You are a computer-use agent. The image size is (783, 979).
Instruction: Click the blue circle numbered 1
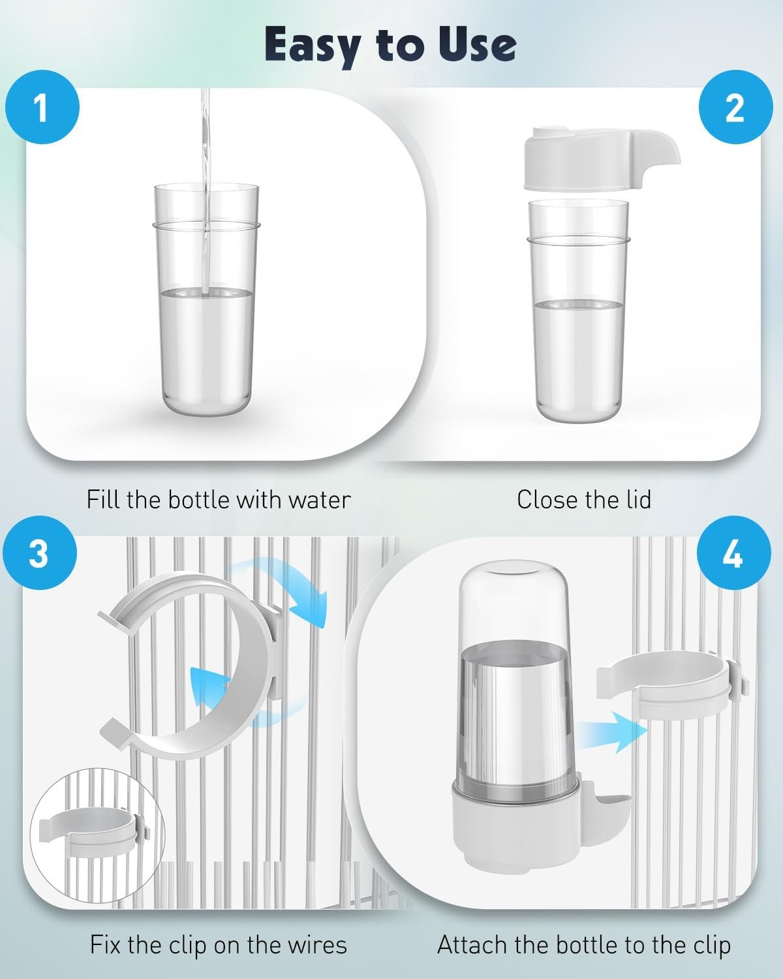[x=42, y=107]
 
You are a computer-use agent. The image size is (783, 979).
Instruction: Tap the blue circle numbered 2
[x=735, y=107]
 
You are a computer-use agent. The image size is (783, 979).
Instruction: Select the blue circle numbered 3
[x=40, y=553]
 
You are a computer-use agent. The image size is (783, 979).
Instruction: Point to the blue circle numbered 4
[x=734, y=553]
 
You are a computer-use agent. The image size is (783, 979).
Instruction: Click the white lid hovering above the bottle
[x=602, y=159]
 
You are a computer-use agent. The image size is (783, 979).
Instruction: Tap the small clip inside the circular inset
[x=94, y=833]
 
